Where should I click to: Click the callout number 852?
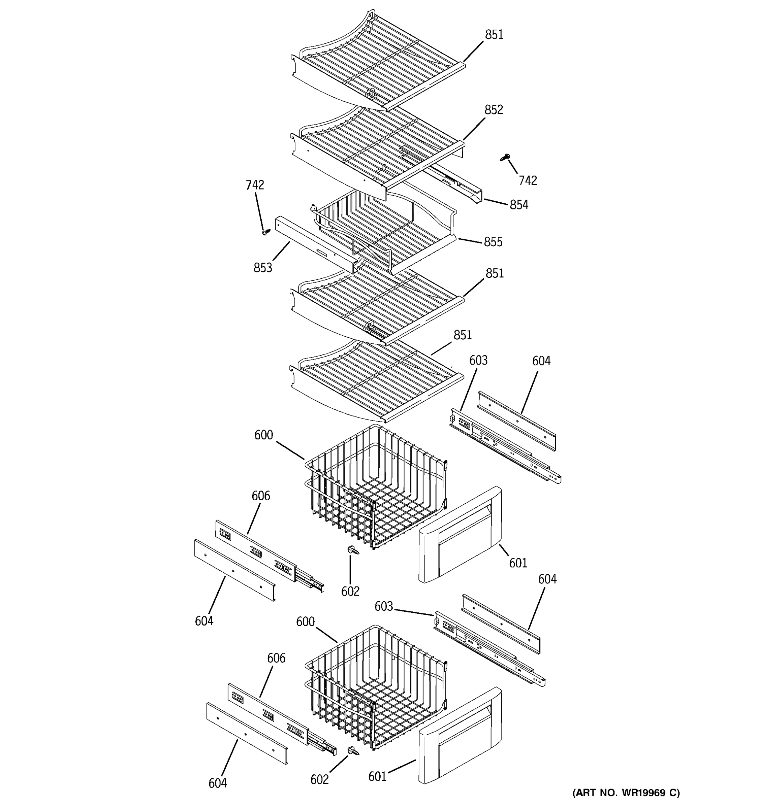[x=493, y=110]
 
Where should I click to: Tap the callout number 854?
[x=519, y=205]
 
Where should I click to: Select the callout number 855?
[x=493, y=242]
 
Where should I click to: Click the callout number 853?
[x=263, y=268]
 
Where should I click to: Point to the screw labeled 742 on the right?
[x=505, y=157]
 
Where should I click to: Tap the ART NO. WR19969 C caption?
[x=626, y=793]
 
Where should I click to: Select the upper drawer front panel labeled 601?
[x=460, y=536]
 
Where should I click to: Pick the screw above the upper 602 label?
[x=352, y=551]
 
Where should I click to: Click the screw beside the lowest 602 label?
[x=353, y=751]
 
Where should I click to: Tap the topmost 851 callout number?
[x=494, y=35]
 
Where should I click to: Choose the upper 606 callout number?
[x=261, y=496]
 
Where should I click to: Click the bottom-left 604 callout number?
[x=218, y=783]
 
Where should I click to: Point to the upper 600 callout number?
[x=263, y=435]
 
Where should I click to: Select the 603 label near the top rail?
[x=478, y=361]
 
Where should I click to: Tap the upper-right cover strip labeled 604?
[x=516, y=420]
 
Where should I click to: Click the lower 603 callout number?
[x=383, y=606]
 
